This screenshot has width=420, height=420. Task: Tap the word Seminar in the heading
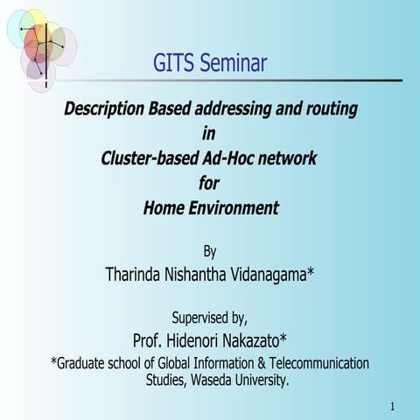pos(233,64)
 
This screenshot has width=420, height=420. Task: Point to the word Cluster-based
pos(150,158)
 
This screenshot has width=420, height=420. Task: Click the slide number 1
pos(394,407)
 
